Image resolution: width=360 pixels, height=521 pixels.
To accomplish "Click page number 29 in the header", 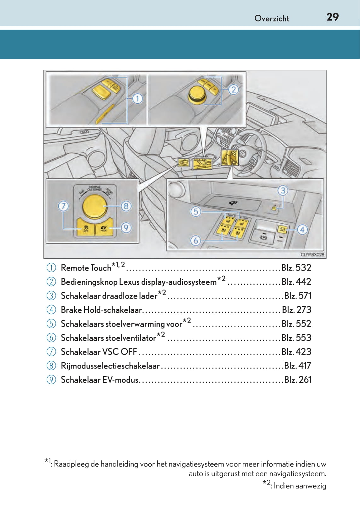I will coord(333,17).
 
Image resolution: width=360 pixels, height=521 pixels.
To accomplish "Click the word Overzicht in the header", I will coord(271,18).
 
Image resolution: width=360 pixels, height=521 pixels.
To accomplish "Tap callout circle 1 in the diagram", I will coord(137,99).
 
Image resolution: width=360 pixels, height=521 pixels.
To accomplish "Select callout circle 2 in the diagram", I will coord(233,89).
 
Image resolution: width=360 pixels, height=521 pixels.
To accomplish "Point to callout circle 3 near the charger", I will coord(283,190).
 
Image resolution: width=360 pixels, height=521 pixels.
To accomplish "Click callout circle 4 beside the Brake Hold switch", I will coord(302,229).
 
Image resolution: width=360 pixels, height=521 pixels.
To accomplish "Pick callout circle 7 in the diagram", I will coord(63,206).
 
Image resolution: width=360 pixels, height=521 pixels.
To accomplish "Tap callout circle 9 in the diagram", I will coord(126,227).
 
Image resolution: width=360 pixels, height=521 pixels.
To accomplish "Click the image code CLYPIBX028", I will coord(312,255).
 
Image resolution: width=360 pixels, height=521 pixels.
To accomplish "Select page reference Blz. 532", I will coord(296,268).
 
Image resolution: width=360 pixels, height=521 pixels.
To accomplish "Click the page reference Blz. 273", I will coord(296,310).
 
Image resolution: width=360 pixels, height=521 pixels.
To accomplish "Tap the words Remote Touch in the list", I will coord(86,268).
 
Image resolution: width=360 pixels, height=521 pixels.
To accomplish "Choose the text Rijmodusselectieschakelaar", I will coord(110,366).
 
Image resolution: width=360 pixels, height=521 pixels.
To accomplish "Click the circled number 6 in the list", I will coord(51,338).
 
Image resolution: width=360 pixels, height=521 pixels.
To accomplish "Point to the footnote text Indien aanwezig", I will coord(299,486).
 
